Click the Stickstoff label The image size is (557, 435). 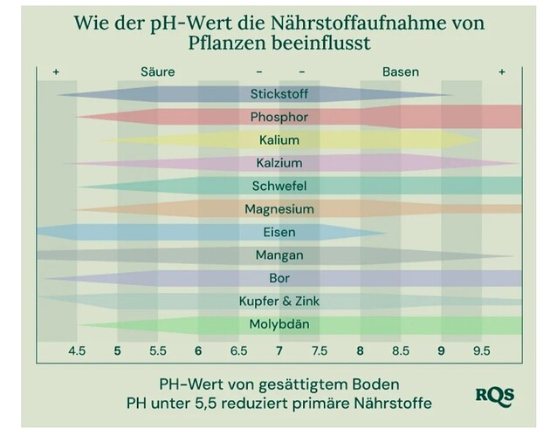[278, 94]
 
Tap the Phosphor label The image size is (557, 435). [278, 117]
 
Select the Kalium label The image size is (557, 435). [278, 140]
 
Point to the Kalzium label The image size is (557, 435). [278, 163]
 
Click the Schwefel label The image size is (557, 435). [278, 187]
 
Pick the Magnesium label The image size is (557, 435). [278, 209]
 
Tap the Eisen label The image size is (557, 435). [278, 233]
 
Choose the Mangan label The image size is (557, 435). [278, 255]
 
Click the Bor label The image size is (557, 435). [278, 279]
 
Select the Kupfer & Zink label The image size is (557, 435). [278, 302]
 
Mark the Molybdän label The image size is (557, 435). [278, 325]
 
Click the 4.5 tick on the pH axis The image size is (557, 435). [77, 351]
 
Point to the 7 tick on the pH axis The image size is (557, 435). [278, 351]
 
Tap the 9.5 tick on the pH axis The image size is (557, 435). [481, 351]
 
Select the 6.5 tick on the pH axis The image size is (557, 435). [238, 351]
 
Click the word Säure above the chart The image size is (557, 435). [157, 71]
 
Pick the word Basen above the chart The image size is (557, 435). [401, 71]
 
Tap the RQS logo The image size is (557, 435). [494, 394]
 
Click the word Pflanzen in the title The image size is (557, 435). [225, 42]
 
